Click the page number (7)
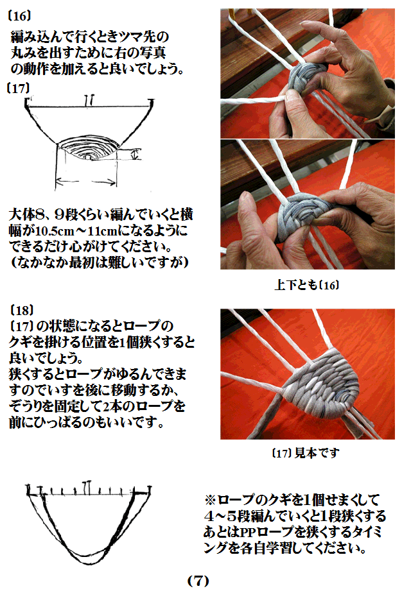[198, 580]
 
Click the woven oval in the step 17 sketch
[88, 150]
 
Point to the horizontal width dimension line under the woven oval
[87, 182]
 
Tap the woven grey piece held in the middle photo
[302, 211]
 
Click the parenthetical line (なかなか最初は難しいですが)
[96, 262]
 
